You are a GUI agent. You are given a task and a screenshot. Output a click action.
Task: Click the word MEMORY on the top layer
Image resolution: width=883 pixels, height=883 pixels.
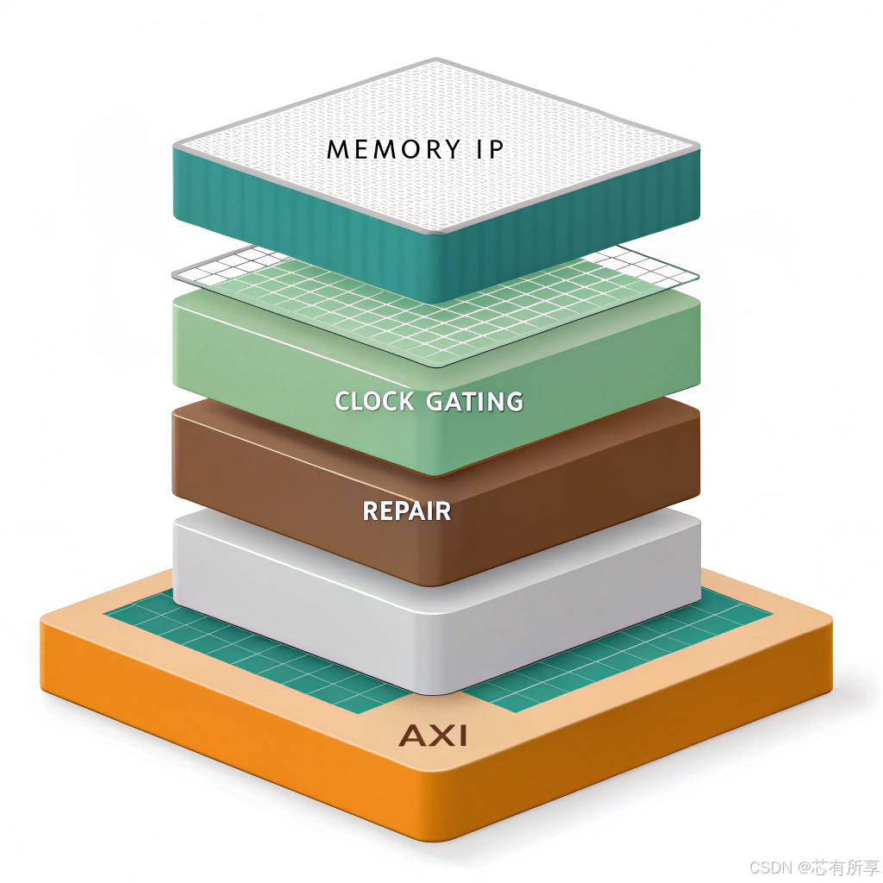pyautogui.click(x=385, y=149)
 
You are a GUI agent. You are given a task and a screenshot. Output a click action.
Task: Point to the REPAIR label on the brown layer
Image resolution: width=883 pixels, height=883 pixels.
pyautogui.click(x=406, y=510)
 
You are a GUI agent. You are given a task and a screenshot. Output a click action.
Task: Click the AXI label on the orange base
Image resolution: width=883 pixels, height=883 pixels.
pyautogui.click(x=433, y=736)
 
